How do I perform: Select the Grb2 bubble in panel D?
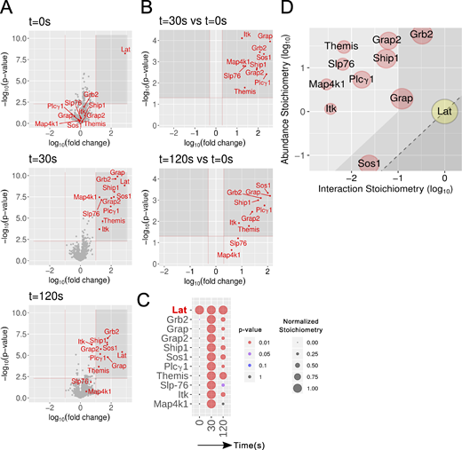point(421,36)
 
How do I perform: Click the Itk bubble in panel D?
point(331,108)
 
